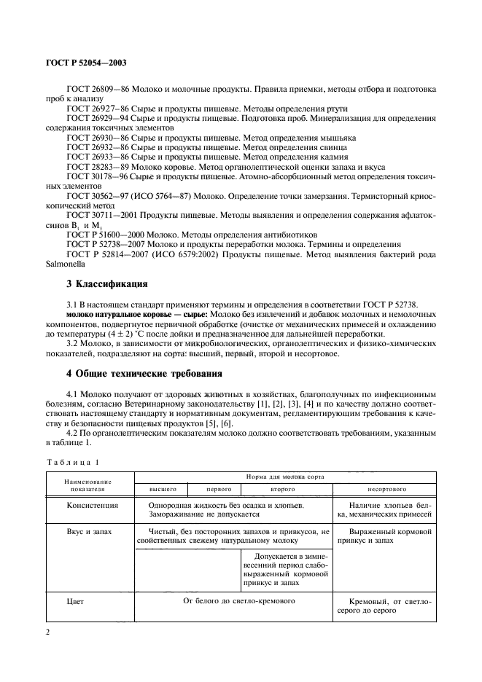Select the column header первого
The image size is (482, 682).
point(214,489)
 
